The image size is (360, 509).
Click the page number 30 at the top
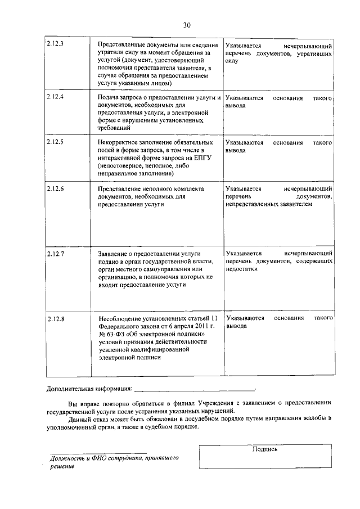pos(187,25)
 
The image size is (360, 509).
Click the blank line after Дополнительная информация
pos(194,389)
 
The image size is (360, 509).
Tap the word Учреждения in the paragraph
pos(215,403)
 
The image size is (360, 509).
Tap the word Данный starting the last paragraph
pos(79,420)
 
